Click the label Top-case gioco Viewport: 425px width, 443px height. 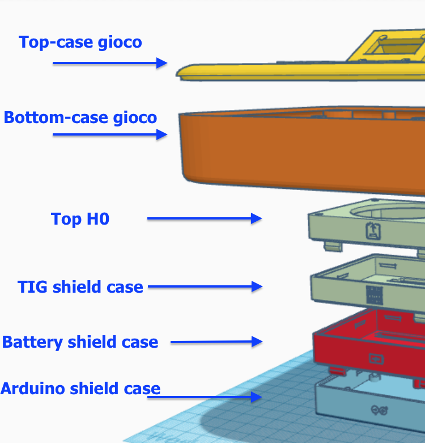point(80,43)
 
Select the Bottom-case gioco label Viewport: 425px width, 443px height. point(80,117)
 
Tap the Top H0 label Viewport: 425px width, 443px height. point(80,219)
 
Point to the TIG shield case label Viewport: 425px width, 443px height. point(80,287)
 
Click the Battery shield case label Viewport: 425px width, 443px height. point(80,342)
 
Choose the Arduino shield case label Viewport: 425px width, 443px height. point(80,389)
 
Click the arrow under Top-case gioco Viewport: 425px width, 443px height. point(110,63)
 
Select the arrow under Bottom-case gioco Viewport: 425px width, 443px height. point(110,134)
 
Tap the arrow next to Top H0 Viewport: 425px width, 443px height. point(205,218)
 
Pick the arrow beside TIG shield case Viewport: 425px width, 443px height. point(205,286)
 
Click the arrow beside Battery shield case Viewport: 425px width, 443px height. point(216,342)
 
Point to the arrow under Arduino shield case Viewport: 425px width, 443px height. point(205,397)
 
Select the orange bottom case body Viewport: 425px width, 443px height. point(302,150)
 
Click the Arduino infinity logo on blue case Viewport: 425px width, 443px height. point(379,410)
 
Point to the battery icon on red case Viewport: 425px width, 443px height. point(376,359)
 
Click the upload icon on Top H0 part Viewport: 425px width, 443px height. point(373,231)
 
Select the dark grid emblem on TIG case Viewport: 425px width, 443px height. point(375,295)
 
